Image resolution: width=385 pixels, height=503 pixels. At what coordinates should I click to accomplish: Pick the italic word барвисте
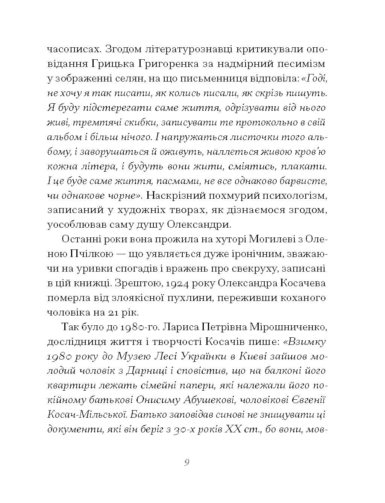tap(304, 181)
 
